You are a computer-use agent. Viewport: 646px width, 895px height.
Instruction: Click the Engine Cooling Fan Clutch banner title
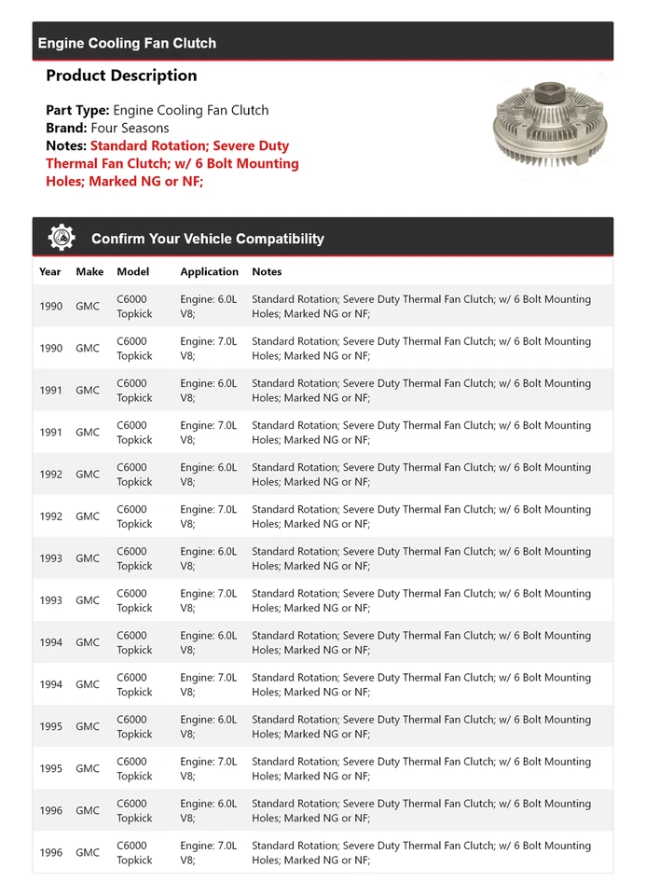click(x=127, y=43)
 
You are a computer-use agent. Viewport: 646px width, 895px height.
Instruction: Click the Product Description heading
click(x=121, y=76)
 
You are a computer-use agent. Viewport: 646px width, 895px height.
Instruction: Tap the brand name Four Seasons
click(x=131, y=128)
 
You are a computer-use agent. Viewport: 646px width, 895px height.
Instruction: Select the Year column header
click(x=50, y=271)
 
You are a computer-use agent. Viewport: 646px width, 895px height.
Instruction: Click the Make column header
click(x=89, y=271)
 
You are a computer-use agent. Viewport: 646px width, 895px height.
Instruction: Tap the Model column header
click(x=133, y=271)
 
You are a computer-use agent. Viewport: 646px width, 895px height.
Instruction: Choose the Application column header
click(x=209, y=271)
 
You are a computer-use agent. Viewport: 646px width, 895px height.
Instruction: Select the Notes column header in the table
click(x=267, y=271)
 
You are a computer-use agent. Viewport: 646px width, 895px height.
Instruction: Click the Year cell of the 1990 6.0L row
click(x=51, y=306)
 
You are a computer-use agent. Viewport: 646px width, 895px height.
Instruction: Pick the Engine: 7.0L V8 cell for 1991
click(x=209, y=432)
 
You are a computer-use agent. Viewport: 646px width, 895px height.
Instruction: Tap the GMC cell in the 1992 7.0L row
click(x=88, y=516)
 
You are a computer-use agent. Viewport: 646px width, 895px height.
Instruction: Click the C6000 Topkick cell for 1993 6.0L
click(x=134, y=558)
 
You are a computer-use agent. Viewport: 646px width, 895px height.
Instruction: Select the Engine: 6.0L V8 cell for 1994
click(x=209, y=642)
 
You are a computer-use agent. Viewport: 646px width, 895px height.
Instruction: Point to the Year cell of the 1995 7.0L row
click(x=51, y=768)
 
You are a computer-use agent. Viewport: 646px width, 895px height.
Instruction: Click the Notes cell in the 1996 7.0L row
click(x=420, y=852)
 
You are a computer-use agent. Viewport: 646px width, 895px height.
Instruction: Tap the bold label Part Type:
click(x=77, y=110)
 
